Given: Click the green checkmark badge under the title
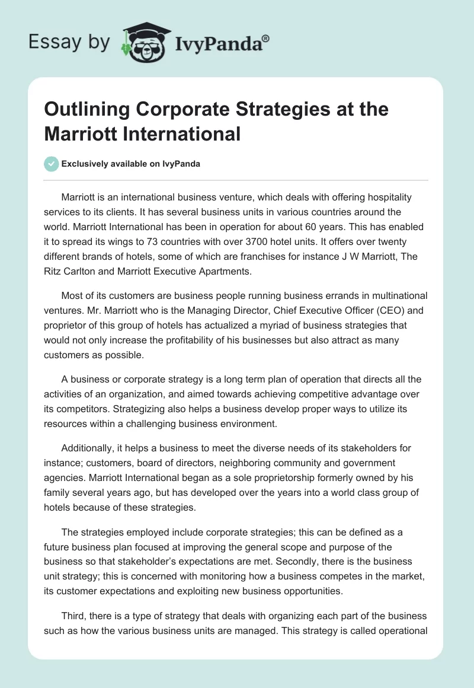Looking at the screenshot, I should [52, 164].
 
